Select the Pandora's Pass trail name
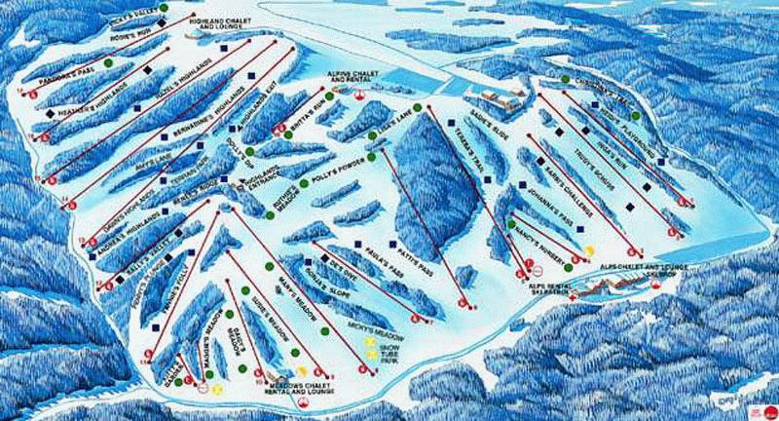click(x=57, y=77)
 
